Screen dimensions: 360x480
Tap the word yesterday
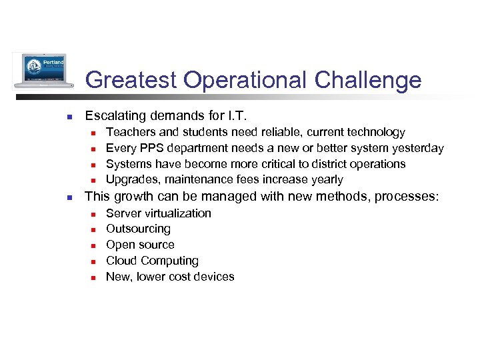(417, 148)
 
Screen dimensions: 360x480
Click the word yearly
(326, 180)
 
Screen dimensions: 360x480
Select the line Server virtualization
(159, 213)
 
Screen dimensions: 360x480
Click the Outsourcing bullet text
(138, 229)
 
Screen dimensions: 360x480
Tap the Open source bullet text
(140, 245)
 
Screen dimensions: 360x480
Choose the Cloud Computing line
(152, 261)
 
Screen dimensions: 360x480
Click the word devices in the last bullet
(214, 277)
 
